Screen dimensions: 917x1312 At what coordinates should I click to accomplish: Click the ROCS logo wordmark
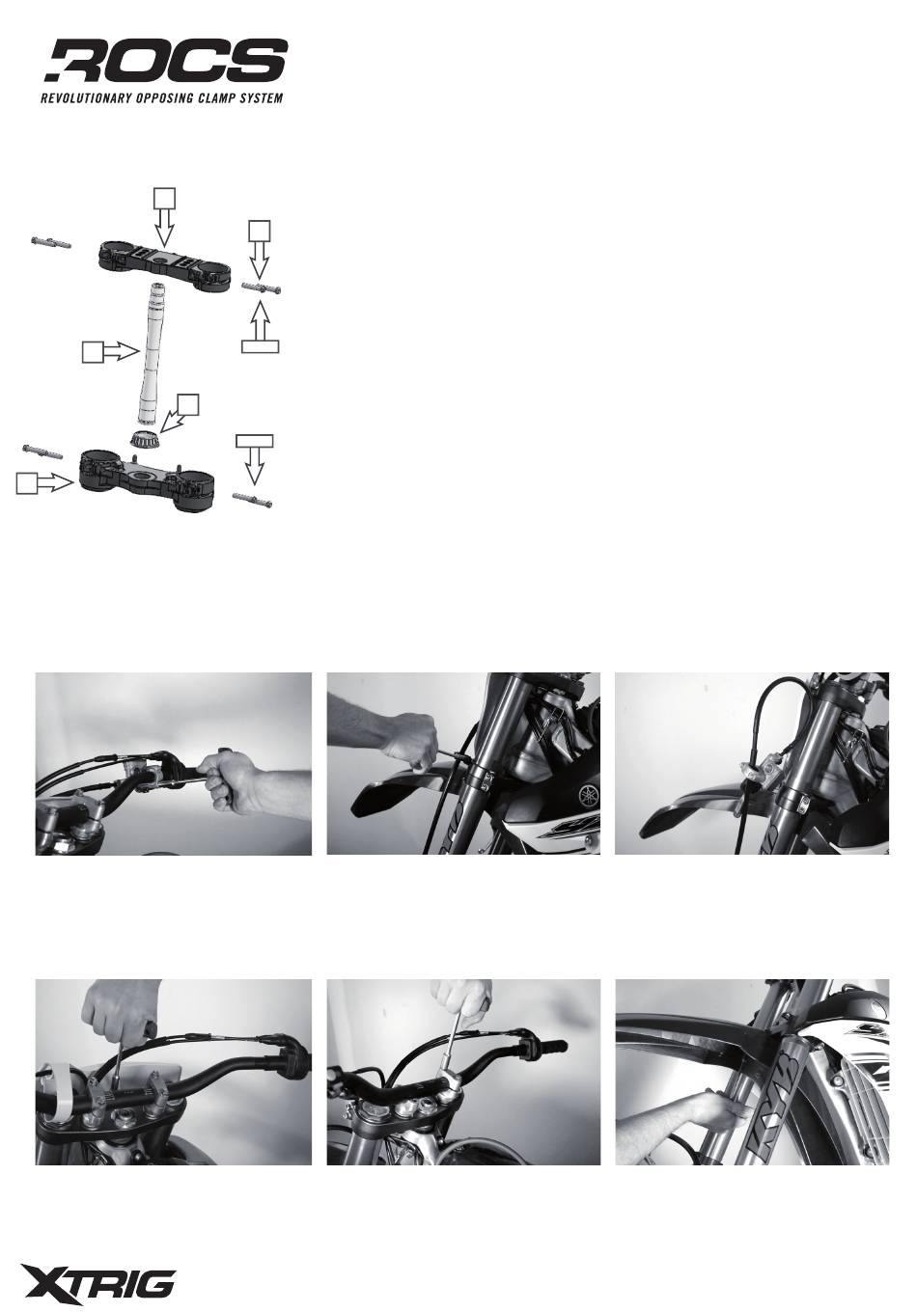pos(166,60)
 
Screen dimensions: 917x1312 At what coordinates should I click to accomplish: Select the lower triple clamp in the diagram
pos(147,479)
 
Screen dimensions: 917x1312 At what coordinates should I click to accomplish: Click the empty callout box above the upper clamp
pos(164,198)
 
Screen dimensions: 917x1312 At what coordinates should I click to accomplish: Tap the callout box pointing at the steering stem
pos(92,353)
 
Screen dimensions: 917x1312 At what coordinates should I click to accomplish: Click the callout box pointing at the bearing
pos(188,405)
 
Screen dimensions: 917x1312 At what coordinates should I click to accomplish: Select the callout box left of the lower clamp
pos(26,484)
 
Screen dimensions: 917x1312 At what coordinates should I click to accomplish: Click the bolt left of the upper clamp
pos(51,242)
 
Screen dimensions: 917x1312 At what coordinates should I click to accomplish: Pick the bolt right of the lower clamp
pos(253,500)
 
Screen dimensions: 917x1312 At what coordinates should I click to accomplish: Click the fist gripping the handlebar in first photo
pos(228,783)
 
